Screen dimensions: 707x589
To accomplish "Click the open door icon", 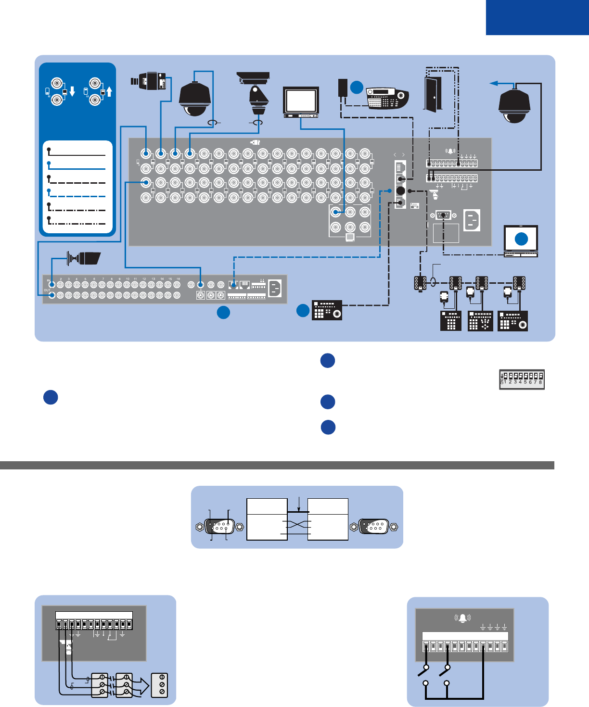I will point(431,94).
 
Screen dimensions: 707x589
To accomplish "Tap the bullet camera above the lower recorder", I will point(85,258).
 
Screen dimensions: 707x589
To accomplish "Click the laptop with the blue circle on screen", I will point(521,241).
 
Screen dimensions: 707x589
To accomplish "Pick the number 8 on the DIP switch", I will point(540,382).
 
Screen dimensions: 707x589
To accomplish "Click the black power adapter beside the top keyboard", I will point(344,88).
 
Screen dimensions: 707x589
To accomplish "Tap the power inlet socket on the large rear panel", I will point(472,220).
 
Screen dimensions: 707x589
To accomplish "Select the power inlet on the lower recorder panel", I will point(275,289).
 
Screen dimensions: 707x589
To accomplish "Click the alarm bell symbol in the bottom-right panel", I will point(462,618).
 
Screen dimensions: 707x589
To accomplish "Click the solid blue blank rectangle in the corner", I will point(537,17).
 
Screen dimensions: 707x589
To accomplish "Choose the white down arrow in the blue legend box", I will point(72,91).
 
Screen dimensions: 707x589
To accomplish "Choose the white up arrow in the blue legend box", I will point(109,91).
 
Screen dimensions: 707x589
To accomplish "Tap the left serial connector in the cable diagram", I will point(219,527).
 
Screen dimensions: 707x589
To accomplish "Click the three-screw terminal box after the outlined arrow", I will point(160,685).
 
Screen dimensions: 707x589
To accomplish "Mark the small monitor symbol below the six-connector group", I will point(350,237).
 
